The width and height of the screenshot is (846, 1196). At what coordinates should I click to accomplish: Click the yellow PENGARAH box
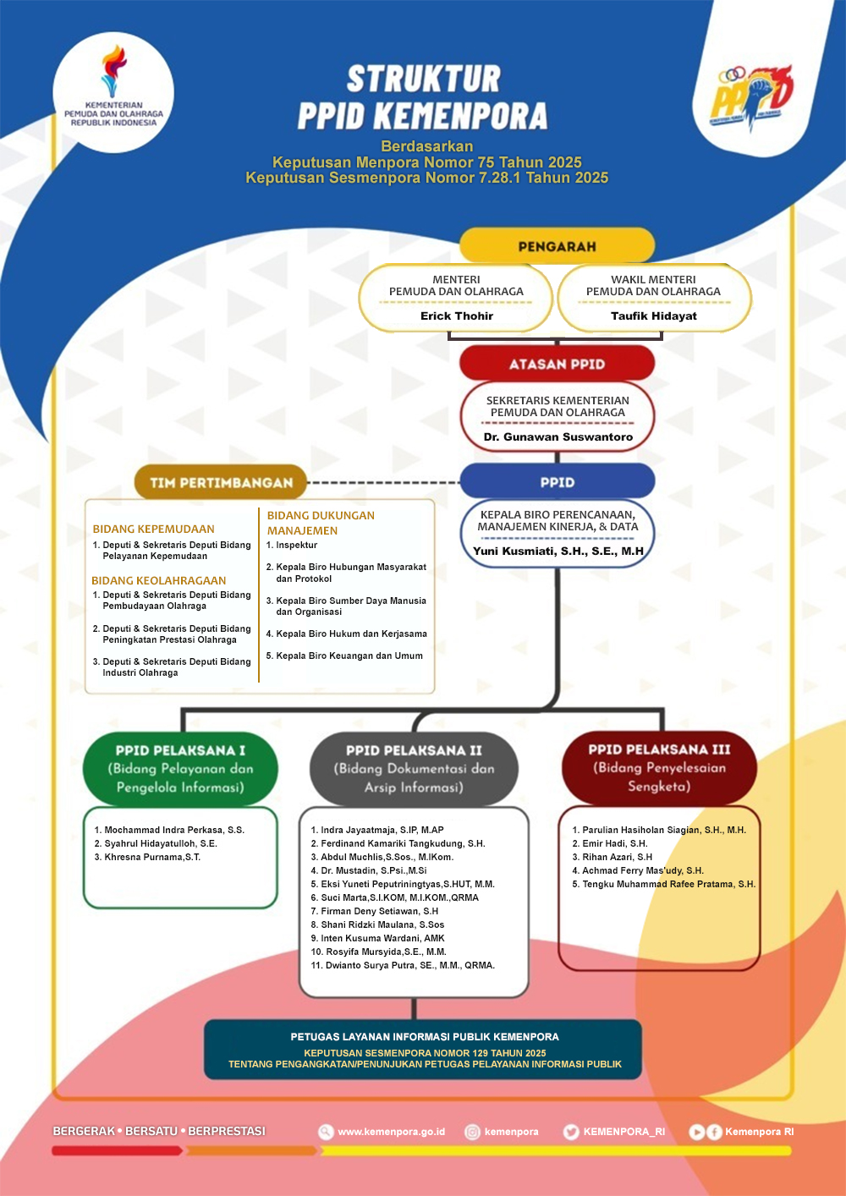point(557,246)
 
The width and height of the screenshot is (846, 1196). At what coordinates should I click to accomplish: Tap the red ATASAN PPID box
point(557,364)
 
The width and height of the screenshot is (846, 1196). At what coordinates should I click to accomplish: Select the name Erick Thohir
point(457,315)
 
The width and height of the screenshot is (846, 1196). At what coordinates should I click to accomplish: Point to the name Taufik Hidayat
point(654,315)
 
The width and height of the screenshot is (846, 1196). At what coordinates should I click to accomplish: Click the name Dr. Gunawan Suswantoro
point(558,436)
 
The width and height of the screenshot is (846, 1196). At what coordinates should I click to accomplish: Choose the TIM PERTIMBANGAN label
point(221,482)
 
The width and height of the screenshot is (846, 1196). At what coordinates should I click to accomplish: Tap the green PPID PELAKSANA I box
point(180,768)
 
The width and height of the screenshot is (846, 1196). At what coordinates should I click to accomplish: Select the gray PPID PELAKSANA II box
point(414,768)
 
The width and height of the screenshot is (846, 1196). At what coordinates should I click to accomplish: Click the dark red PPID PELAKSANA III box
point(659,767)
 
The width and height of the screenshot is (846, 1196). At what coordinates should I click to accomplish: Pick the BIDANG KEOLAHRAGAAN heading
point(159,580)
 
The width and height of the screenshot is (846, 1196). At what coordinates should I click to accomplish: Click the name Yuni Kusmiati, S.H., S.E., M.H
point(558,551)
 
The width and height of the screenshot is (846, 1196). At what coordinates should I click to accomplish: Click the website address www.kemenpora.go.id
point(391,1132)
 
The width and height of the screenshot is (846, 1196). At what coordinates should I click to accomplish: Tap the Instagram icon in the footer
point(473,1132)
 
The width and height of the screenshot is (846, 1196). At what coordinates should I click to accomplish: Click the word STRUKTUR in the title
point(424,80)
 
